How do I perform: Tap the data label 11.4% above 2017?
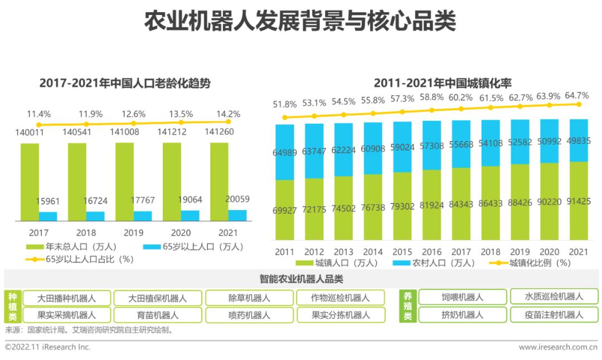coord(38,114)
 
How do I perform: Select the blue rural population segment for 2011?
coord(285,152)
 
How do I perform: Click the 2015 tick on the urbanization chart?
coord(402,252)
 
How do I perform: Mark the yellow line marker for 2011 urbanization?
coord(285,118)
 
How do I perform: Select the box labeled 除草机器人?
coord(249,298)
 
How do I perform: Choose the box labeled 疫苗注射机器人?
coord(554,315)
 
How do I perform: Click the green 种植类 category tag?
coord(12,306)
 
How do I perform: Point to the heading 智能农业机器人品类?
coord(301,279)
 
